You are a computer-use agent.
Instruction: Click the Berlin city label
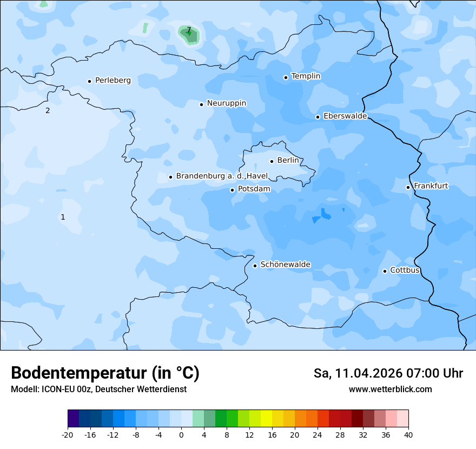click(288, 161)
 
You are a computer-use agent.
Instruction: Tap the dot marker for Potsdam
click(232, 190)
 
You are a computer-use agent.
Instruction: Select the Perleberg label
click(113, 81)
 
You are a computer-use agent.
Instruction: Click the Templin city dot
click(286, 77)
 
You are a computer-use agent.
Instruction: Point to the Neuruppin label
click(226, 103)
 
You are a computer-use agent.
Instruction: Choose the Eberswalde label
click(345, 116)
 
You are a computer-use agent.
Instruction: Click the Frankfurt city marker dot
click(408, 187)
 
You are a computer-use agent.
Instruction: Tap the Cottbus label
click(405, 270)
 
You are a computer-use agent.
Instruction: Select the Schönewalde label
click(285, 265)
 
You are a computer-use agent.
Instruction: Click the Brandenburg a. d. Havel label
click(222, 176)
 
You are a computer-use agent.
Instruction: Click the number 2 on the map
click(48, 111)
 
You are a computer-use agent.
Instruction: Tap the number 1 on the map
click(63, 217)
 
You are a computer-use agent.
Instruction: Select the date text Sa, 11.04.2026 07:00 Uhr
click(388, 373)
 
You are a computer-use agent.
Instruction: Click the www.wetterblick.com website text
click(390, 389)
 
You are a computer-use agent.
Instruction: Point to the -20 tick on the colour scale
click(68, 434)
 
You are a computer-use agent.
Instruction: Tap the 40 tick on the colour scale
click(408, 434)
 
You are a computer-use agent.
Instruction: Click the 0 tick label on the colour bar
click(181, 434)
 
